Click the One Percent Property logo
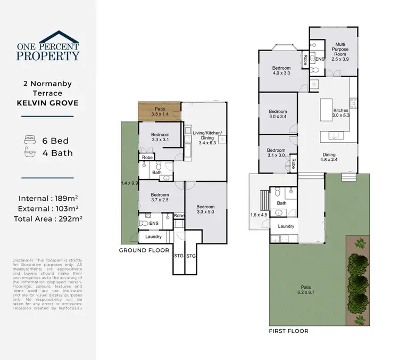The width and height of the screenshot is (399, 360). point(48,47)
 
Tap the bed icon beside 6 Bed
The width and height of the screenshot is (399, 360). point(29,141)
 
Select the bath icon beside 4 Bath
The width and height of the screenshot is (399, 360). point(29,153)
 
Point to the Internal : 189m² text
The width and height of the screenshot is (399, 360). point(48,198)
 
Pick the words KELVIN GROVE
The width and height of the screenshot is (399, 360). point(48,102)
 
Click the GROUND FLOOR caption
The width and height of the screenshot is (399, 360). point(144,250)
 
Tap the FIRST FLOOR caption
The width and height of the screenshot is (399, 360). point(288,331)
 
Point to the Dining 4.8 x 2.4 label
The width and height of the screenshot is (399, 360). point(329,157)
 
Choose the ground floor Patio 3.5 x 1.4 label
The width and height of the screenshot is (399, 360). point(160,111)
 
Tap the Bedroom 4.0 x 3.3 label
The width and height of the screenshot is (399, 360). point(281,71)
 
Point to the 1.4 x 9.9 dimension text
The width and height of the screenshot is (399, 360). point(129,183)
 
